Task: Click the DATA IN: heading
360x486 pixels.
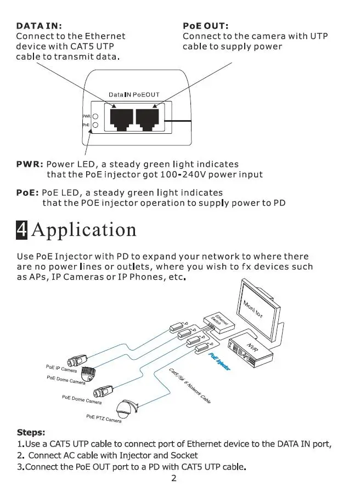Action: [x=39, y=26]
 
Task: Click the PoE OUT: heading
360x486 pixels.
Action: [x=205, y=26]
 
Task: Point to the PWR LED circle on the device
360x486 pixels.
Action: [x=95, y=117]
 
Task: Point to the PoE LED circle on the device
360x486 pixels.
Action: [x=95, y=126]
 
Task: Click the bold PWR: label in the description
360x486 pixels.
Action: [x=30, y=164]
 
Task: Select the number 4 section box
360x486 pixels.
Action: [x=22, y=229]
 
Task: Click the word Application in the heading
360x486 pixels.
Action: [x=84, y=229]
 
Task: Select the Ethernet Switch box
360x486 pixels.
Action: [x=220, y=320]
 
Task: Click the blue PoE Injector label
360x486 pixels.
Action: [x=220, y=363]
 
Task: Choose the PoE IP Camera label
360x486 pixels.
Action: [x=61, y=368]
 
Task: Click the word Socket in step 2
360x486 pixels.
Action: [x=184, y=455]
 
